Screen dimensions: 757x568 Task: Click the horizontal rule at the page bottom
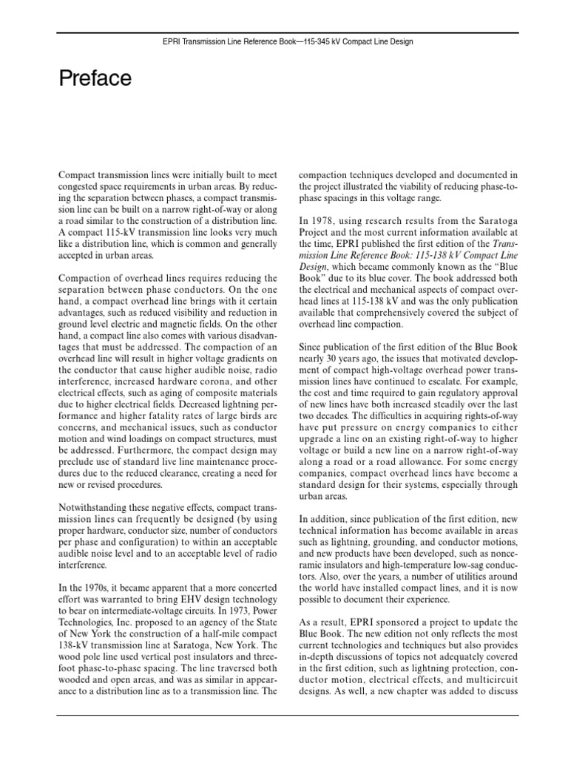pos(284,716)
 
